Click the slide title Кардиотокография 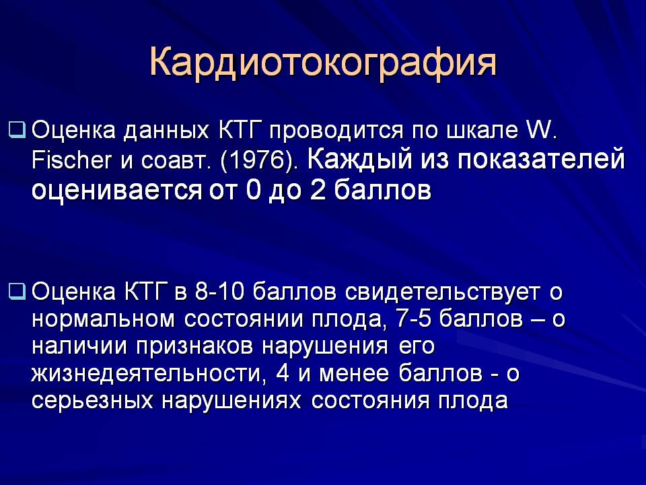click(x=323, y=63)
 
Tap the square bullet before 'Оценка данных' click(x=17, y=130)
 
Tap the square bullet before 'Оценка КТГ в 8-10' click(x=17, y=292)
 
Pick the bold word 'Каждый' click(x=359, y=160)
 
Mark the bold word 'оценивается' click(x=117, y=191)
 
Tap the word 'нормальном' click(x=104, y=319)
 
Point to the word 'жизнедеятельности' click(x=147, y=374)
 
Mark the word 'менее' click(x=354, y=375)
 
